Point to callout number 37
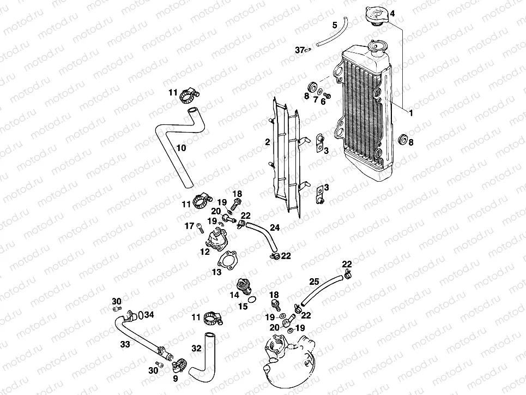(x=299, y=50)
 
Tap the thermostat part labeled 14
(x=240, y=287)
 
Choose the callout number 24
(x=274, y=226)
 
